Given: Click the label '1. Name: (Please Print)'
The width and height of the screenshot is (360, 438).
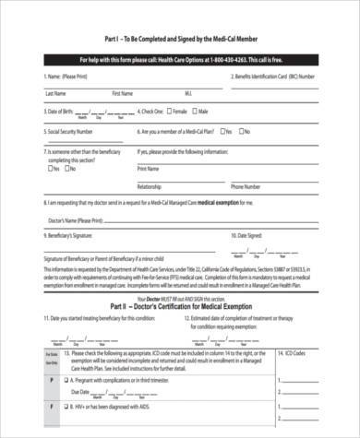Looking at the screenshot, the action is [69, 76].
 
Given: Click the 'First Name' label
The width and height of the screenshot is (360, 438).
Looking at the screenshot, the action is [122, 93].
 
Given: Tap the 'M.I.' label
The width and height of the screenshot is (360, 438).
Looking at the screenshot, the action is [188, 93].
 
